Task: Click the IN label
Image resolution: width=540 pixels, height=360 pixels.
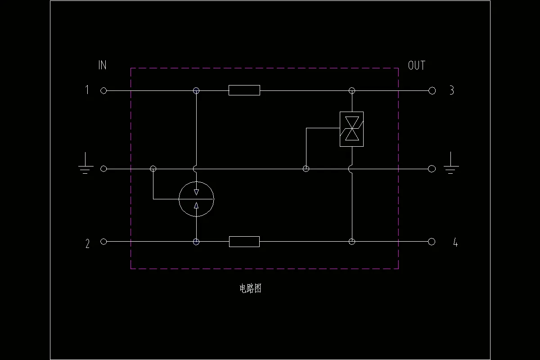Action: [103, 65]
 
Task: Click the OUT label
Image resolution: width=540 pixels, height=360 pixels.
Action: [416, 66]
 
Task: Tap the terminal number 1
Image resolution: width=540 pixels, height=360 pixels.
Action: [87, 90]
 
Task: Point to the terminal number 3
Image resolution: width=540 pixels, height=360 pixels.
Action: [451, 90]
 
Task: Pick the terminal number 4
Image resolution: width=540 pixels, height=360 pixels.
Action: [455, 243]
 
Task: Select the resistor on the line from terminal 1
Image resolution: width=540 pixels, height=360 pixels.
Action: [244, 90]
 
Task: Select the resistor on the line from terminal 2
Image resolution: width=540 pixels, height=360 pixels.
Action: [244, 242]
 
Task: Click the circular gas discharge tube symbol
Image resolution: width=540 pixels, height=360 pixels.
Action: [196, 198]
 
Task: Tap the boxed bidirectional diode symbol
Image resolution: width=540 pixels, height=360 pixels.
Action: [351, 129]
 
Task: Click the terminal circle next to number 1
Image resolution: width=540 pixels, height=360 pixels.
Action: [103, 91]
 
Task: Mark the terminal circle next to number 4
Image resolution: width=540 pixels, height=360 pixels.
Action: [432, 242]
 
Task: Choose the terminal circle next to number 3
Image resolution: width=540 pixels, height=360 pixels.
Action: [432, 91]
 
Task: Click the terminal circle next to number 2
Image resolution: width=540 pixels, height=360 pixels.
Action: [103, 242]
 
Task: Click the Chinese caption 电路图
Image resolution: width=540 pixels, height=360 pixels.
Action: [250, 288]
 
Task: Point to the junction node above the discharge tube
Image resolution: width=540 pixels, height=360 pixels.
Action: [196, 91]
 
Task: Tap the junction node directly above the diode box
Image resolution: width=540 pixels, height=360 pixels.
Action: [352, 91]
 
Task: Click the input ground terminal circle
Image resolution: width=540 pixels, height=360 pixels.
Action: [103, 169]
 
